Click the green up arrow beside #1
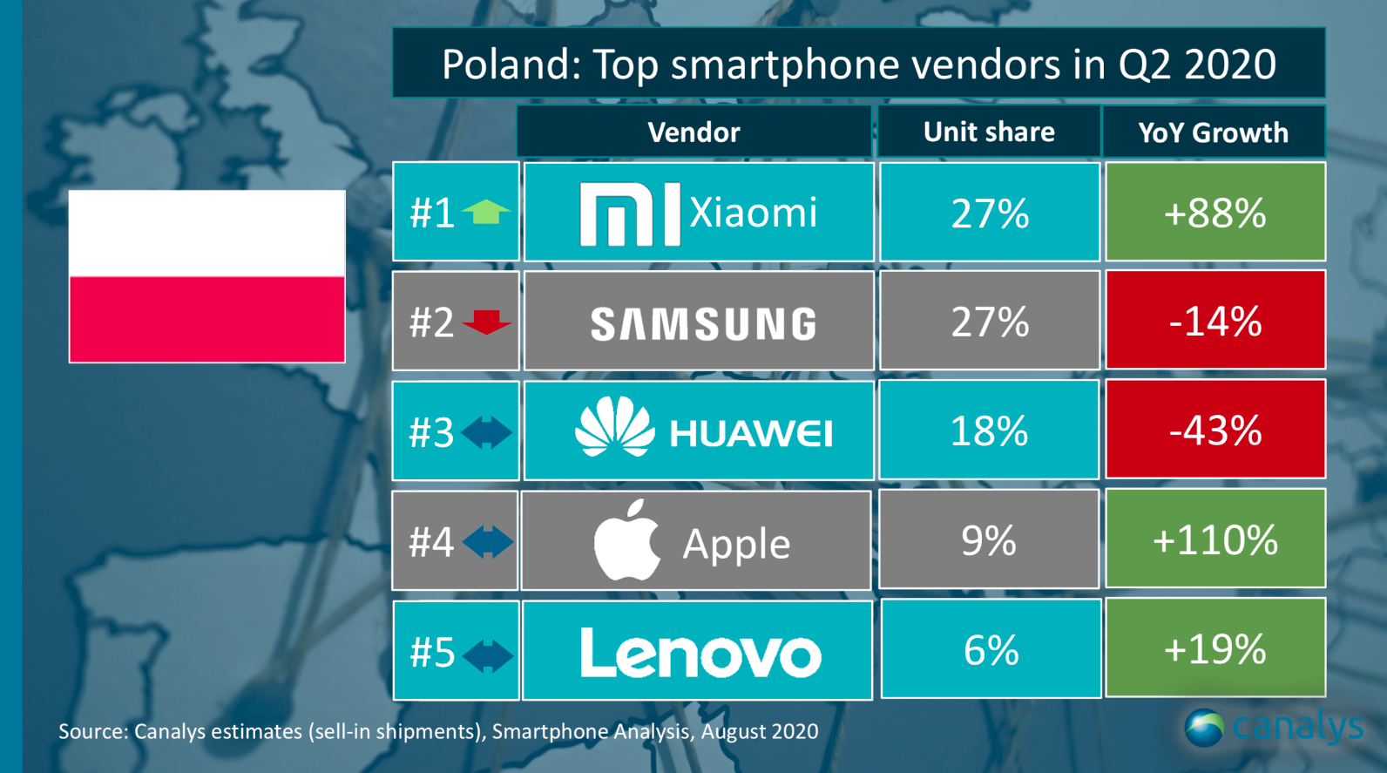[486, 212]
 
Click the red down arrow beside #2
[486, 322]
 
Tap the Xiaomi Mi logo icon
[629, 214]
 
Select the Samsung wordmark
[703, 324]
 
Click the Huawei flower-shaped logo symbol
[614, 427]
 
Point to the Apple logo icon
[627, 540]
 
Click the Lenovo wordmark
[700, 653]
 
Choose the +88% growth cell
[1214, 213]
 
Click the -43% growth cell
[1214, 430]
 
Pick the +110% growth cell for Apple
[1214, 539]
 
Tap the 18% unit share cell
[989, 431]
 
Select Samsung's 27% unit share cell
[989, 322]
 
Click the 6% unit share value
[991, 650]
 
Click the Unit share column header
[989, 132]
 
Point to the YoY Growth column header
[1213, 132]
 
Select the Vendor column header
[693, 132]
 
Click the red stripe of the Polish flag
[207, 319]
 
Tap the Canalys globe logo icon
[1204, 728]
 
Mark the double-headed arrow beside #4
[488, 541]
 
